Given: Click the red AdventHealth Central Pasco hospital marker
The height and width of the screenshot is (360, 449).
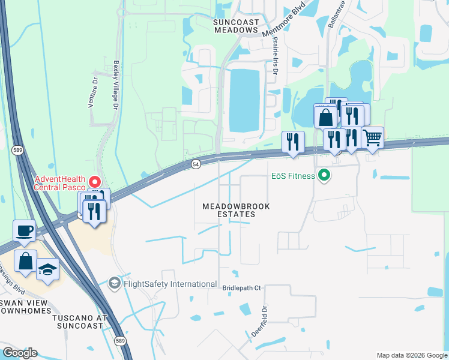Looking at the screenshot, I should [x=94, y=181].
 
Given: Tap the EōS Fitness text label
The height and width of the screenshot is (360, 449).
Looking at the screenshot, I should [x=292, y=176].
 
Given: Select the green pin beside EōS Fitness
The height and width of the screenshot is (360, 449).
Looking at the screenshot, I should [x=325, y=176].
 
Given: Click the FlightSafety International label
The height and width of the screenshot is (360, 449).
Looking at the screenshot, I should [x=169, y=283].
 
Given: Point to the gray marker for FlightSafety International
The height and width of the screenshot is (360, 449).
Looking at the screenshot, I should [x=115, y=283].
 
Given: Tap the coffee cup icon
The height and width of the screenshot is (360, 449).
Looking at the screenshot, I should [x=25, y=230].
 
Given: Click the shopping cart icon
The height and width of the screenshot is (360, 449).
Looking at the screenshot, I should [x=372, y=138].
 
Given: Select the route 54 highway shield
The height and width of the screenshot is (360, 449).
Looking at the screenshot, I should [x=196, y=164].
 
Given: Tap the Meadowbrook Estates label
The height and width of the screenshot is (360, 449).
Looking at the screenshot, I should [x=236, y=210].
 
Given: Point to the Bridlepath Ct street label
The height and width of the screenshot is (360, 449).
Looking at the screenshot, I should [x=242, y=288].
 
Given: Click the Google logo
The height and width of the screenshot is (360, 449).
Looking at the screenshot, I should [x=20, y=353].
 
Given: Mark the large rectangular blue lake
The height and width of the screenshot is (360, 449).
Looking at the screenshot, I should [x=246, y=100].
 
